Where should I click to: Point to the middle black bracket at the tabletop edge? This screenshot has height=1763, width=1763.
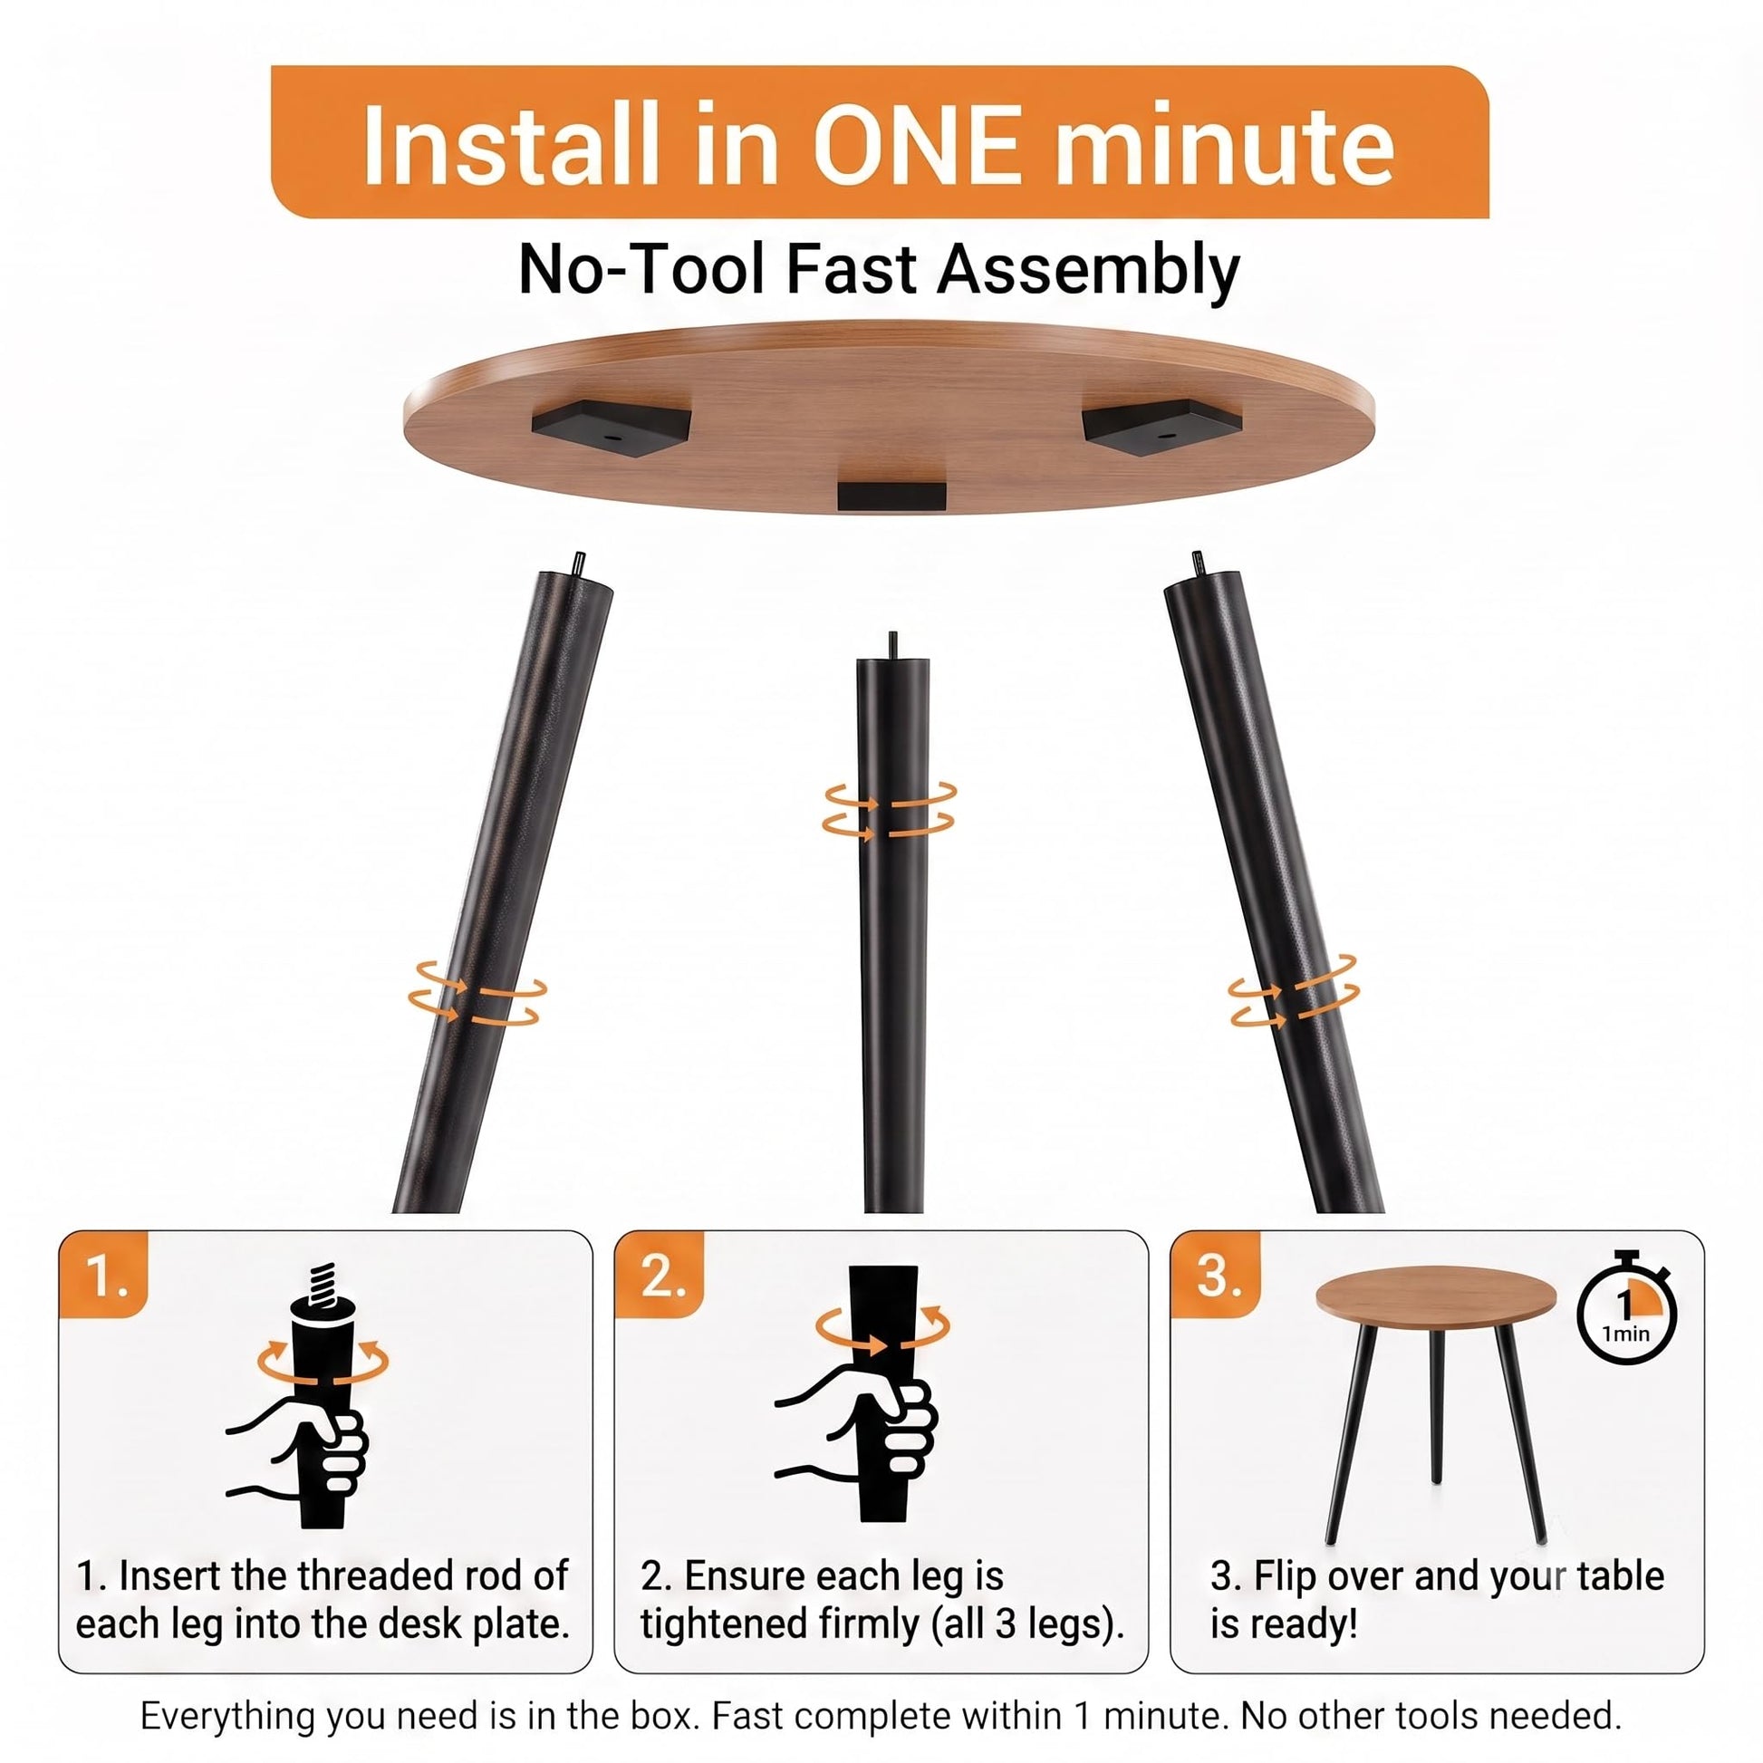(x=891, y=496)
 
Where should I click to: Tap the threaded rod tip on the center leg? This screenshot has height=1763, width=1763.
(x=893, y=644)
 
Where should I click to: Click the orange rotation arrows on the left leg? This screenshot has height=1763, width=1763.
(x=477, y=992)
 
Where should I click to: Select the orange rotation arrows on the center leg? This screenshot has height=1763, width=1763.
(x=890, y=810)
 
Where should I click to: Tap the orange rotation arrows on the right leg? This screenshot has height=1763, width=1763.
(x=1293, y=991)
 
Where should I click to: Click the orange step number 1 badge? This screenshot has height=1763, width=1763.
(x=103, y=1273)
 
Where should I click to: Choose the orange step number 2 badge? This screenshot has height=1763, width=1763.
(x=660, y=1273)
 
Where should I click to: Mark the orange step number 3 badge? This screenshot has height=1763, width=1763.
(x=1216, y=1273)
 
